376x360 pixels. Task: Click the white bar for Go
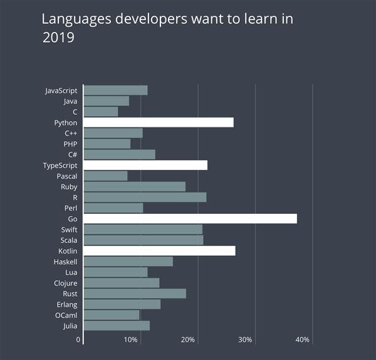(x=190, y=219)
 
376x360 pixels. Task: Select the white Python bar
(x=159, y=122)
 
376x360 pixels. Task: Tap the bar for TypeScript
(x=145, y=165)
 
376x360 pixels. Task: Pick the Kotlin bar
(x=159, y=251)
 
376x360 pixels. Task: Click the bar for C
(x=100, y=112)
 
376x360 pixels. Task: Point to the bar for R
(x=145, y=198)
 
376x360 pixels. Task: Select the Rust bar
(x=135, y=294)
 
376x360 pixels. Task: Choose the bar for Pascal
(x=105, y=176)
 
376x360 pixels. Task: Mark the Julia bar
(x=117, y=326)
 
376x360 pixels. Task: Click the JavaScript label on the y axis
(x=61, y=90)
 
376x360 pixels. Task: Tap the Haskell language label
(x=65, y=262)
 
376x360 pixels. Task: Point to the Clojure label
(x=65, y=283)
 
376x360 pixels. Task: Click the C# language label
(x=73, y=155)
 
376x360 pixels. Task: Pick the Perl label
(x=71, y=208)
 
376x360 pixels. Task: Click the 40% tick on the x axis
(x=303, y=340)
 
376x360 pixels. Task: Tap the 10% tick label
(x=131, y=340)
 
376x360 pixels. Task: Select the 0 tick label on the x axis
(x=79, y=340)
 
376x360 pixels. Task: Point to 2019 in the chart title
(x=58, y=38)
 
